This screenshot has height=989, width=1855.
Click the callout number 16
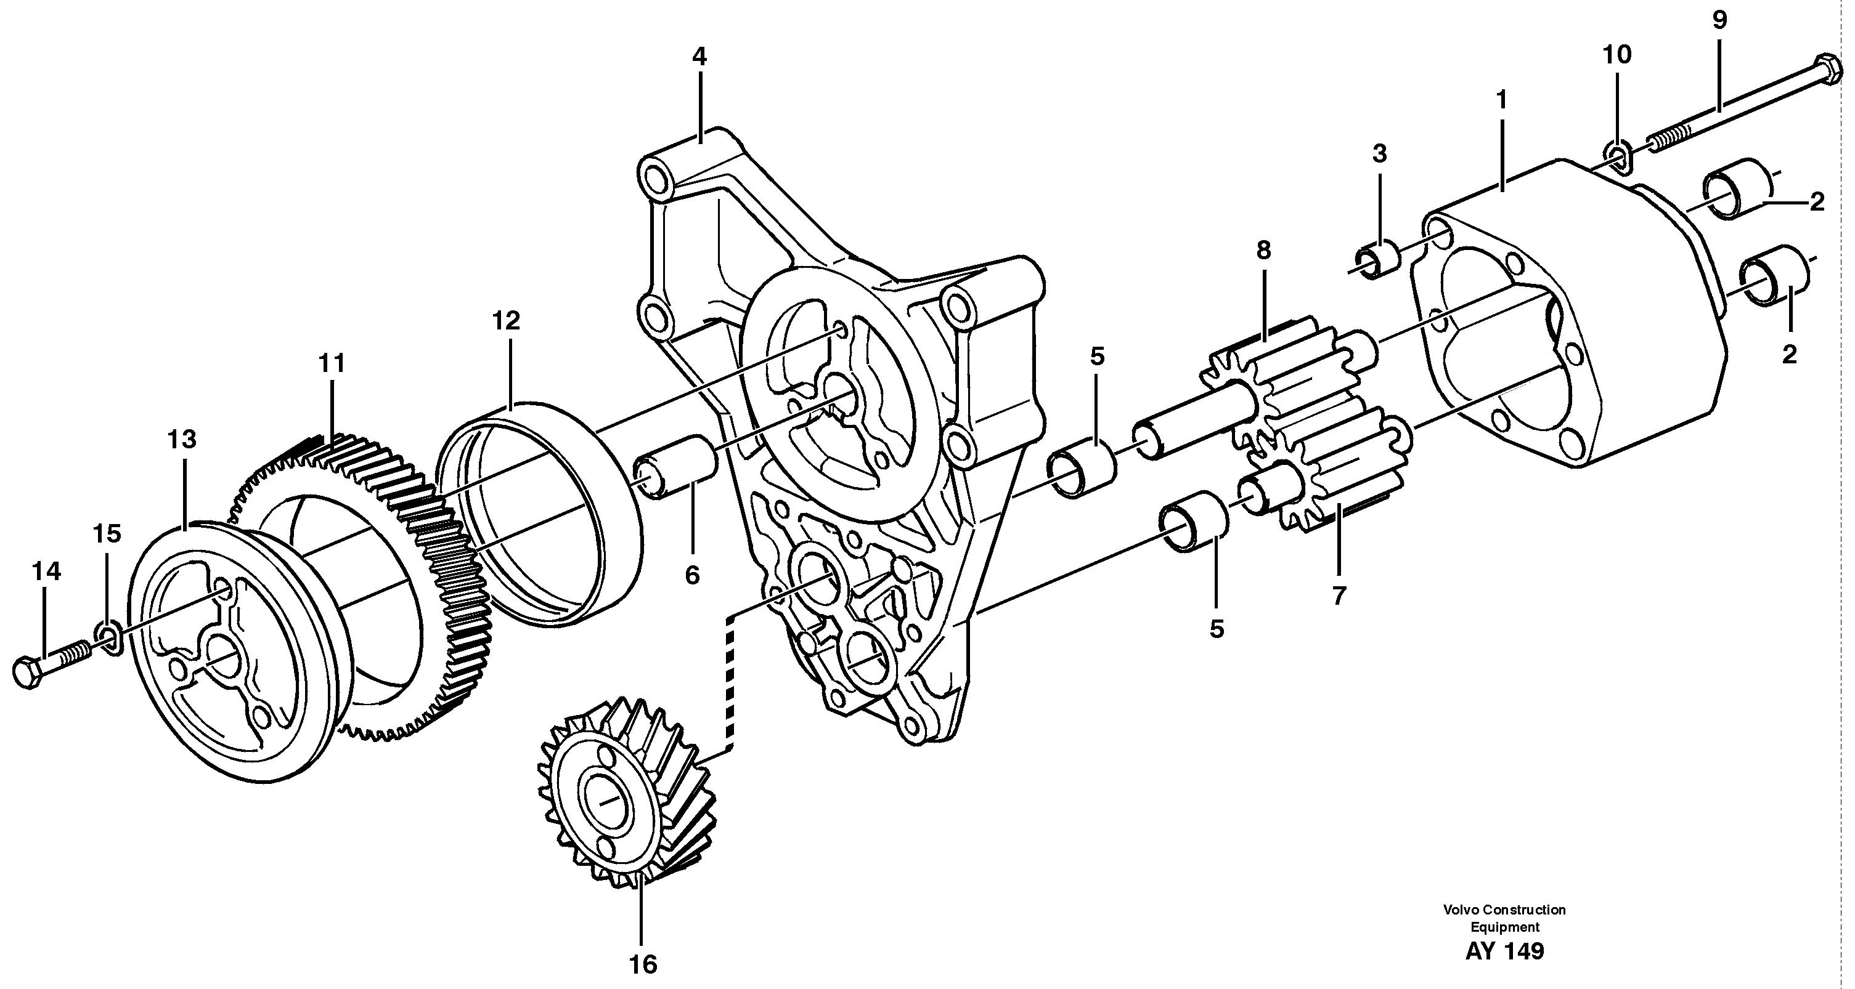(642, 964)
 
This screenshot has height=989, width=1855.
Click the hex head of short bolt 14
(28, 674)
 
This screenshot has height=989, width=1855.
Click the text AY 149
(1504, 951)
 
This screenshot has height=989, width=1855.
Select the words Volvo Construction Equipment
(1504, 918)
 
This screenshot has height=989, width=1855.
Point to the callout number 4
(699, 57)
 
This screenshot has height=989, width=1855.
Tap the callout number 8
(1264, 251)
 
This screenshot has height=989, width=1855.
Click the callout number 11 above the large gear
(332, 363)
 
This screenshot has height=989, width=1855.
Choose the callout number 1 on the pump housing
(1501, 100)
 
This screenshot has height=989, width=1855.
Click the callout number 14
(46, 571)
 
